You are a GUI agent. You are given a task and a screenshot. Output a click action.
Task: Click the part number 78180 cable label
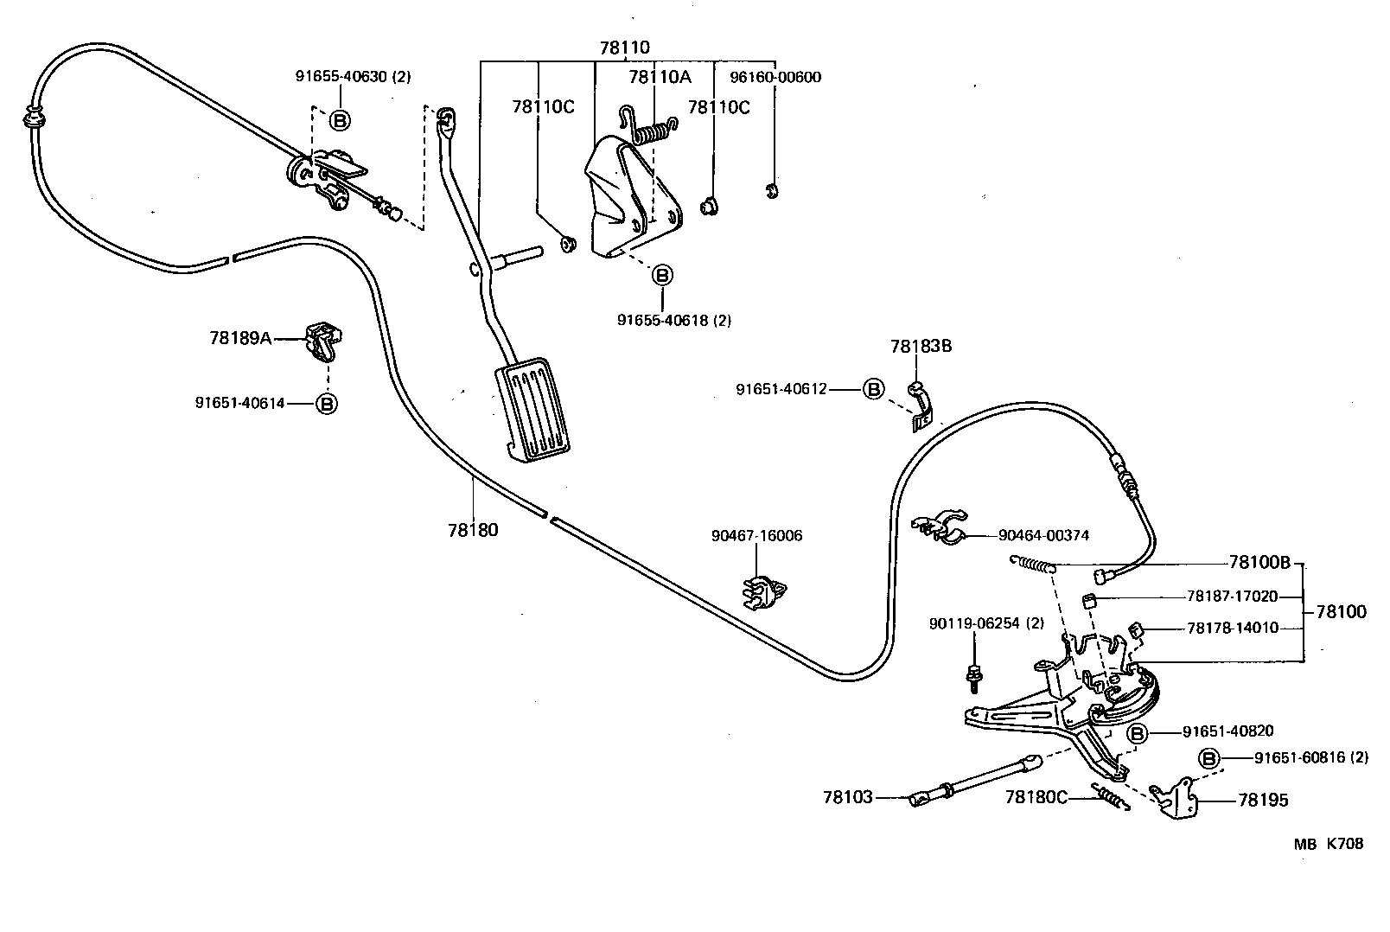tap(473, 529)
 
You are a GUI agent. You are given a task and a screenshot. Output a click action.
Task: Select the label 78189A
tap(240, 338)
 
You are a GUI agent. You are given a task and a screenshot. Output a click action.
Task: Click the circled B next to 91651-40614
tap(327, 403)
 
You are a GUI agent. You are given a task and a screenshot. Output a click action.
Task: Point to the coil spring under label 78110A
tap(654, 131)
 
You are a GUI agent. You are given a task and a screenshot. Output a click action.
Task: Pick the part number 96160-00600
tap(775, 77)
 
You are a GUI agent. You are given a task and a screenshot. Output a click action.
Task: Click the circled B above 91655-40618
tap(662, 276)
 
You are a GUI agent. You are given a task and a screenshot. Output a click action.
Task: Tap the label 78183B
tap(921, 347)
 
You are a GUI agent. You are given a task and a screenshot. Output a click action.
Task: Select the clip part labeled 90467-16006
tap(764, 591)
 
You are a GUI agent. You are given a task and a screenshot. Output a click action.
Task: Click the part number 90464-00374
tap(1043, 535)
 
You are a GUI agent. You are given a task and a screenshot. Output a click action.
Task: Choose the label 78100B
tap(1259, 563)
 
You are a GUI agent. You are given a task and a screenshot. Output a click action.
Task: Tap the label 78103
tap(848, 797)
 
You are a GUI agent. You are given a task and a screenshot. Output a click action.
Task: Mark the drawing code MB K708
tap(1328, 844)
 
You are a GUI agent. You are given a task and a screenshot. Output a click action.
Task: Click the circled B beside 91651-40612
tap(873, 389)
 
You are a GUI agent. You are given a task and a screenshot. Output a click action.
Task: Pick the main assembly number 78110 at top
tap(624, 48)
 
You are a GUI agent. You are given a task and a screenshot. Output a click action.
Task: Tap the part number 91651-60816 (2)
tap(1311, 758)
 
